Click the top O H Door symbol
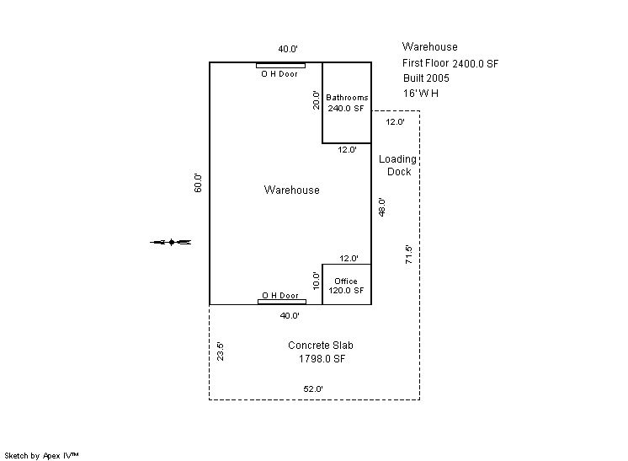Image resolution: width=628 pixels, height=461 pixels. coord(280,65)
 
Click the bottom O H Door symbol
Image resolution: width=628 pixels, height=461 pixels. coord(280,302)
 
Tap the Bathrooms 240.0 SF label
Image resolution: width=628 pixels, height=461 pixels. coord(347,103)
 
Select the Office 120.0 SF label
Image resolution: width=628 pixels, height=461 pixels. coord(346,286)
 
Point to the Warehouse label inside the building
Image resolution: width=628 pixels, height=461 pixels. coord(291,190)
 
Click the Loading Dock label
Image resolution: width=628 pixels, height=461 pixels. coord(398,165)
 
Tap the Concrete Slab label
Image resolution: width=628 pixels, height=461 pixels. coord(320,346)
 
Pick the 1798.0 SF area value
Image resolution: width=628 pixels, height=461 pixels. coord(322,359)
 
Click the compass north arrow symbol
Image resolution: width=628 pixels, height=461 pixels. coord(171,243)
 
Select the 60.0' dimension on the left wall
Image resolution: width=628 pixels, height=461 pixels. coord(199,183)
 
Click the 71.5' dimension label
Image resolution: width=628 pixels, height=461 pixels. coord(408,254)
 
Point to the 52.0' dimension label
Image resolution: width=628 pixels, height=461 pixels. coord(313,389)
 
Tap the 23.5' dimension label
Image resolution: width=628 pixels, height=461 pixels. coord(221,351)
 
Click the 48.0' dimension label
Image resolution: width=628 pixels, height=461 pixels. coord(382,206)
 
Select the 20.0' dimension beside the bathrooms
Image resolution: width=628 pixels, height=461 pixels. coord(316,99)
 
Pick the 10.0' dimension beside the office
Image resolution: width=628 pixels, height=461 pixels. coord(316,280)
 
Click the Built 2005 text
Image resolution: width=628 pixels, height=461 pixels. coord(426,78)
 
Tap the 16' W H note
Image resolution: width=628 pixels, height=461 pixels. coord(421,94)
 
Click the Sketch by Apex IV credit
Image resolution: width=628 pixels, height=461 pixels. coord(41,455)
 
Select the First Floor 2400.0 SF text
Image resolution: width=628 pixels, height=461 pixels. coord(450,63)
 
